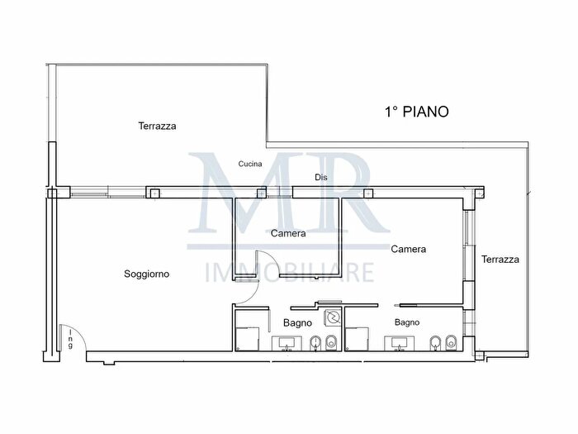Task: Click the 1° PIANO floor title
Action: [x=416, y=112]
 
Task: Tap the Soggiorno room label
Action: [x=147, y=274]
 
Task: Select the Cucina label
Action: [x=250, y=164]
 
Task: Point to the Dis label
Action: [x=321, y=178]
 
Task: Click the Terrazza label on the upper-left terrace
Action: [x=158, y=126]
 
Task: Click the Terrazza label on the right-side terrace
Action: [x=500, y=260]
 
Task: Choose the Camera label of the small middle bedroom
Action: [x=288, y=233]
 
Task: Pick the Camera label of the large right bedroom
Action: [x=409, y=249]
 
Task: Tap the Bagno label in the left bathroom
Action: [x=297, y=323]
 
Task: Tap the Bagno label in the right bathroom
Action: [x=407, y=322]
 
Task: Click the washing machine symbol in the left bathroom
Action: [x=334, y=317]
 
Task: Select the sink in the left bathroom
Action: [x=287, y=344]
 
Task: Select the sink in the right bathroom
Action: [x=399, y=343]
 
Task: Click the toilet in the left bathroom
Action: [x=332, y=343]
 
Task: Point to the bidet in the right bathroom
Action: [x=436, y=343]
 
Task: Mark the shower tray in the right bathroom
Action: [x=357, y=338]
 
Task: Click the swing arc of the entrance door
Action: [x=79, y=331]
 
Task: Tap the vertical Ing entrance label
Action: [x=70, y=339]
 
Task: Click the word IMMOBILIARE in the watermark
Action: [x=289, y=273]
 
